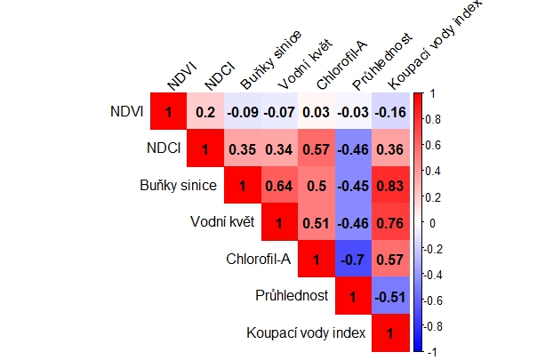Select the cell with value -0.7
[353, 260]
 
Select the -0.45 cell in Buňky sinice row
[353, 186]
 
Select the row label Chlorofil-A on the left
[259, 260]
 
